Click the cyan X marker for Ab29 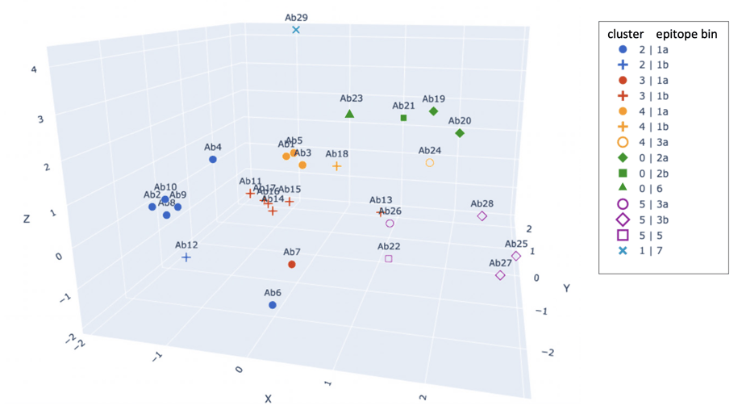pyautogui.click(x=296, y=30)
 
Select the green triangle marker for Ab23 pyautogui.click(x=349, y=114)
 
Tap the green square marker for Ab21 pyautogui.click(x=404, y=118)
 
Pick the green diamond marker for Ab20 pyautogui.click(x=460, y=133)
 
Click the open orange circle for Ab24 pyautogui.click(x=430, y=162)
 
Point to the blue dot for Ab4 pyautogui.click(x=213, y=160)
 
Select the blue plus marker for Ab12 pyautogui.click(x=186, y=257)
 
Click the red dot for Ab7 pyautogui.click(x=292, y=264)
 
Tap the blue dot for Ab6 pyautogui.click(x=273, y=305)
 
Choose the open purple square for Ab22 pyautogui.click(x=389, y=259)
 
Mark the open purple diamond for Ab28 pyautogui.click(x=482, y=216)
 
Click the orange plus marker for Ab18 pyautogui.click(x=337, y=166)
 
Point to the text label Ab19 pyautogui.click(x=433, y=99)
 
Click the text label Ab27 pyautogui.click(x=500, y=263)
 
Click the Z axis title pyautogui.click(x=27, y=219)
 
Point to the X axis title pyautogui.click(x=268, y=399)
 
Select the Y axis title pyautogui.click(x=567, y=288)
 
